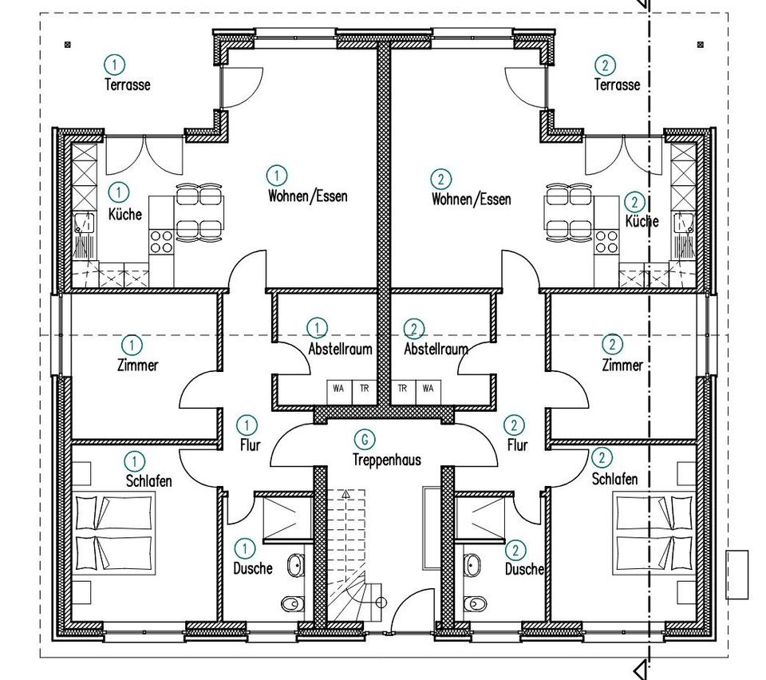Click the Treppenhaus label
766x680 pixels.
[x=386, y=460]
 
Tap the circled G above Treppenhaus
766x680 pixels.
[x=365, y=439]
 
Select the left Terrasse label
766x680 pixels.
[x=128, y=85]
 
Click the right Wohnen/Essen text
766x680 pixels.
[x=471, y=200]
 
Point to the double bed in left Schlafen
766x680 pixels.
[x=114, y=532]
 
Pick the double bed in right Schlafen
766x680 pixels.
[x=654, y=532]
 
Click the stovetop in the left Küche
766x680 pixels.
[x=161, y=241]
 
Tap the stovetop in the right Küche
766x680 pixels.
[x=606, y=243]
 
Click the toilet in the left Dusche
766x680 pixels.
[x=293, y=604]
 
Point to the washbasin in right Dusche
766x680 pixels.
[x=472, y=565]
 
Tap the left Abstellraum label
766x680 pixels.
[x=340, y=349]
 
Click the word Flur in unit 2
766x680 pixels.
[x=517, y=445]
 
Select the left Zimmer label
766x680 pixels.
[x=138, y=366]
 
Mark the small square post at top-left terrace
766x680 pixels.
[x=67, y=45]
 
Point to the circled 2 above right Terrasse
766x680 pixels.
[x=606, y=65]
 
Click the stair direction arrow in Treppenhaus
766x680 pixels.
[x=345, y=494]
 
